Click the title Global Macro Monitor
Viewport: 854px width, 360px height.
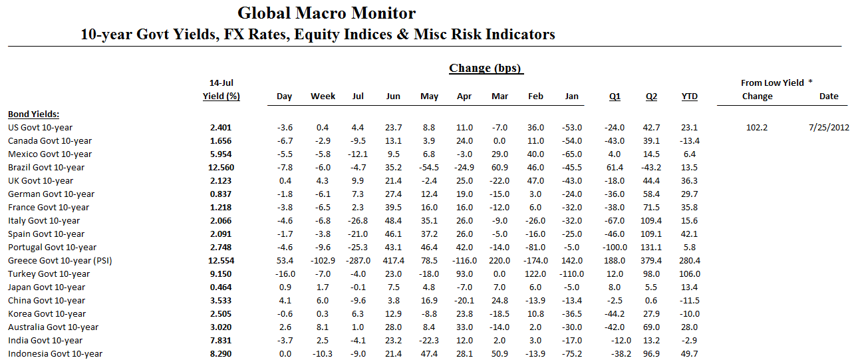click(x=327, y=13)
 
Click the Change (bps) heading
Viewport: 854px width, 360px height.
click(x=486, y=68)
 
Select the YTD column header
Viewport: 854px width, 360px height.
click(x=690, y=96)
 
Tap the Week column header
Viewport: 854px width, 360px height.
click(x=323, y=96)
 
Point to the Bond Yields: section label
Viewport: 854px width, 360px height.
click(x=33, y=114)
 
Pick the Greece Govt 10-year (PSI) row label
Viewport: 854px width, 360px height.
click(x=60, y=260)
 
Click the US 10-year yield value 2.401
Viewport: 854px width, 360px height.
click(x=221, y=127)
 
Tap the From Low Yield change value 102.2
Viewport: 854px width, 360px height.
click(x=757, y=127)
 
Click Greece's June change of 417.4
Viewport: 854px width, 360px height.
click(x=393, y=260)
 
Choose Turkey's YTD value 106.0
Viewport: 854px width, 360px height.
click(x=690, y=273)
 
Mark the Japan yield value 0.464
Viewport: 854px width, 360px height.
click(x=221, y=287)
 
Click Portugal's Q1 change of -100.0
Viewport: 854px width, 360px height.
click(x=615, y=247)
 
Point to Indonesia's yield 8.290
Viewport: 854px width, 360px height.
click(x=221, y=353)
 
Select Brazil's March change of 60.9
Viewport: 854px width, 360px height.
click(x=499, y=167)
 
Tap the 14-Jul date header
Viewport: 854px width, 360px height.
click(x=221, y=83)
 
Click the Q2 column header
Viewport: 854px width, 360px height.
click(x=651, y=96)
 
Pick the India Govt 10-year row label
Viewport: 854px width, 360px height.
click(x=45, y=340)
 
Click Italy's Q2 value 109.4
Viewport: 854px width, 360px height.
click(x=651, y=220)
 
